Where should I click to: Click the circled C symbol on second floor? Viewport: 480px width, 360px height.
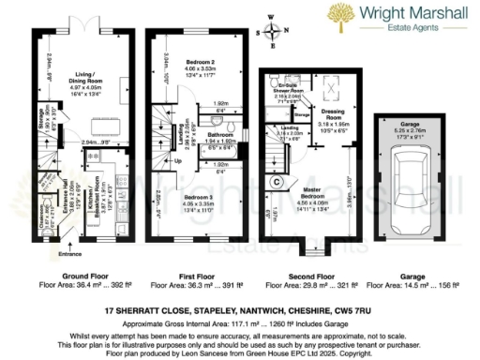click(277, 181)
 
